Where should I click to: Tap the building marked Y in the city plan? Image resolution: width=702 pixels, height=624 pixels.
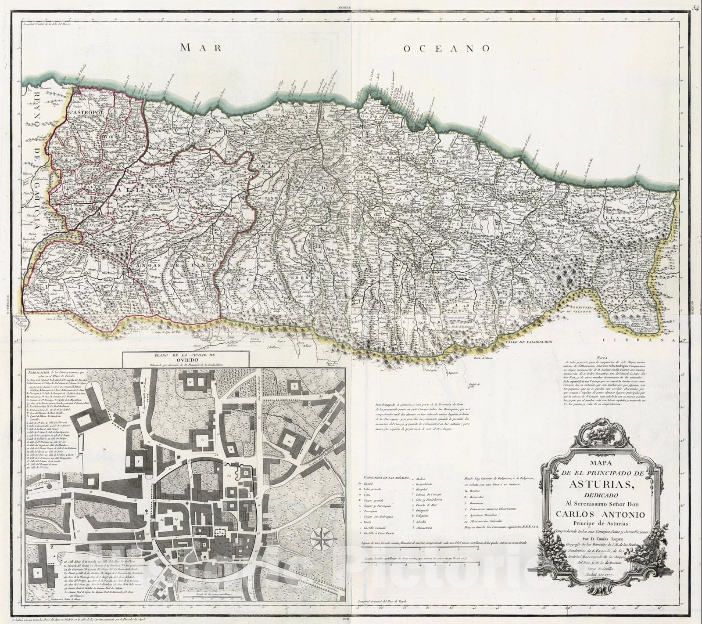[295, 385]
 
